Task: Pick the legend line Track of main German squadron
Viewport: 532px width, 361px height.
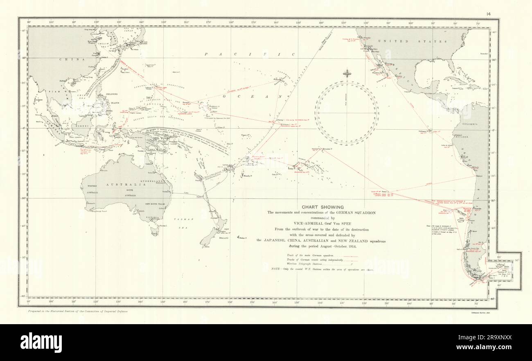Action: point(320,255)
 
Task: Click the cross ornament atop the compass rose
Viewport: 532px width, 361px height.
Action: point(347,74)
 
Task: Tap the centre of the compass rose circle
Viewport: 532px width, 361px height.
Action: point(347,112)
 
